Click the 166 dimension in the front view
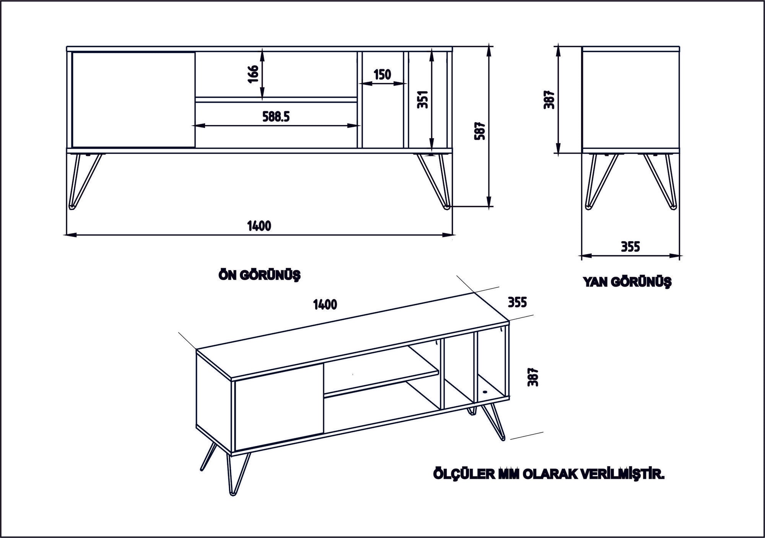tap(254, 75)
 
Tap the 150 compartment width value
tap(382, 75)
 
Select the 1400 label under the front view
tap(259, 226)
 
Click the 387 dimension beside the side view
tap(549, 100)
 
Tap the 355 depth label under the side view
tap(630, 247)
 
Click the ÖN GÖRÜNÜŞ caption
tap(259, 275)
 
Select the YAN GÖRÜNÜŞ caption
tap(627, 282)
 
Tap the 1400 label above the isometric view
tap(325, 305)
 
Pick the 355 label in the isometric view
tap(517, 302)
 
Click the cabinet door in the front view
tap(133, 99)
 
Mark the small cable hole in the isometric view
tap(485, 392)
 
